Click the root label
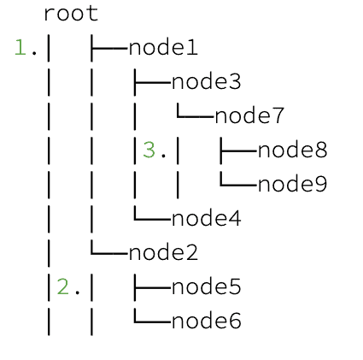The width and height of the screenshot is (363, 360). pos(71,14)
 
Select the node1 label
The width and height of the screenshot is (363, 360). pos(163,48)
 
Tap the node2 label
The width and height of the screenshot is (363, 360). pos(163,253)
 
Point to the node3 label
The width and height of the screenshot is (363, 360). pos(207,82)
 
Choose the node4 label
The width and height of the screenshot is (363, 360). pos(207,219)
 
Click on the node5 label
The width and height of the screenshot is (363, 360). pos(207,287)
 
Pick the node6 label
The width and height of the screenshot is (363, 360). pos(207,322)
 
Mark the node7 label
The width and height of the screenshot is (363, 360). pos(249,116)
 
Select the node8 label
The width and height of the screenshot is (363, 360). pos(293,150)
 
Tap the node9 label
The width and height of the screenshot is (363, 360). pos(293,185)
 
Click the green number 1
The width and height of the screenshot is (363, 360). pos(20,48)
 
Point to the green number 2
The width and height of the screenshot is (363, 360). pos(63,287)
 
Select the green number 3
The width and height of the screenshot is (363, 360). pos(149,150)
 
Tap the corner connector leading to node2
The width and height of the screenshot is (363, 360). pos(108,253)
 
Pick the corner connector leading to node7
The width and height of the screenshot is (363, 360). pos(195,116)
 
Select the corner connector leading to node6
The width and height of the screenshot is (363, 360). pos(152,322)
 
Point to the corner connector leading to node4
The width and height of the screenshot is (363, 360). pos(152,219)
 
